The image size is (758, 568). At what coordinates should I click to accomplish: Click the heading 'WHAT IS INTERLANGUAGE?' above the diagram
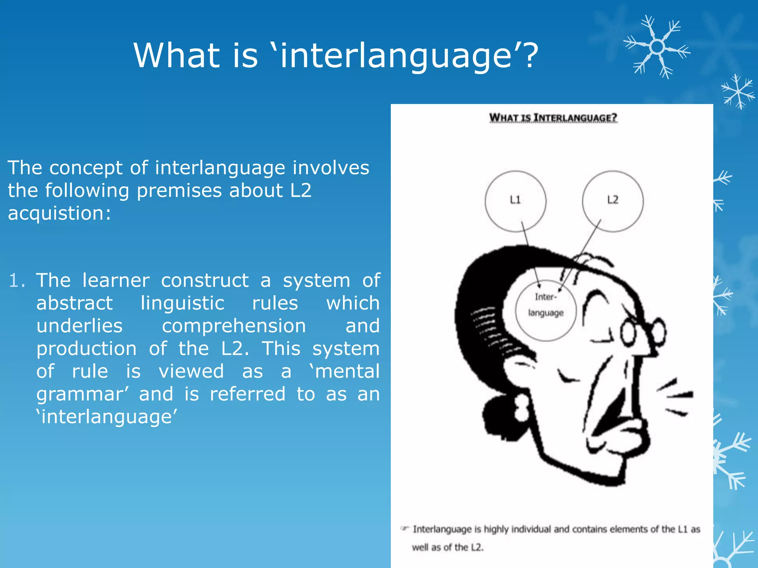553,118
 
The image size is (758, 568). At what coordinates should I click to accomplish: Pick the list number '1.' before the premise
17,280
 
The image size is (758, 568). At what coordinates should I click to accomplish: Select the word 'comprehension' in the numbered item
234,326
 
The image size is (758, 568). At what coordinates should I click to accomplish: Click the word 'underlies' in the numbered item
79,326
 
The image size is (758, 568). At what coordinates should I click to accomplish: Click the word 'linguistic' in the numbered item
182,303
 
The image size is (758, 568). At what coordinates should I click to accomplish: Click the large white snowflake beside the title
657,47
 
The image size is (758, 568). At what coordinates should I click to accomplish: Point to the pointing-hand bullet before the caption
405,528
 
